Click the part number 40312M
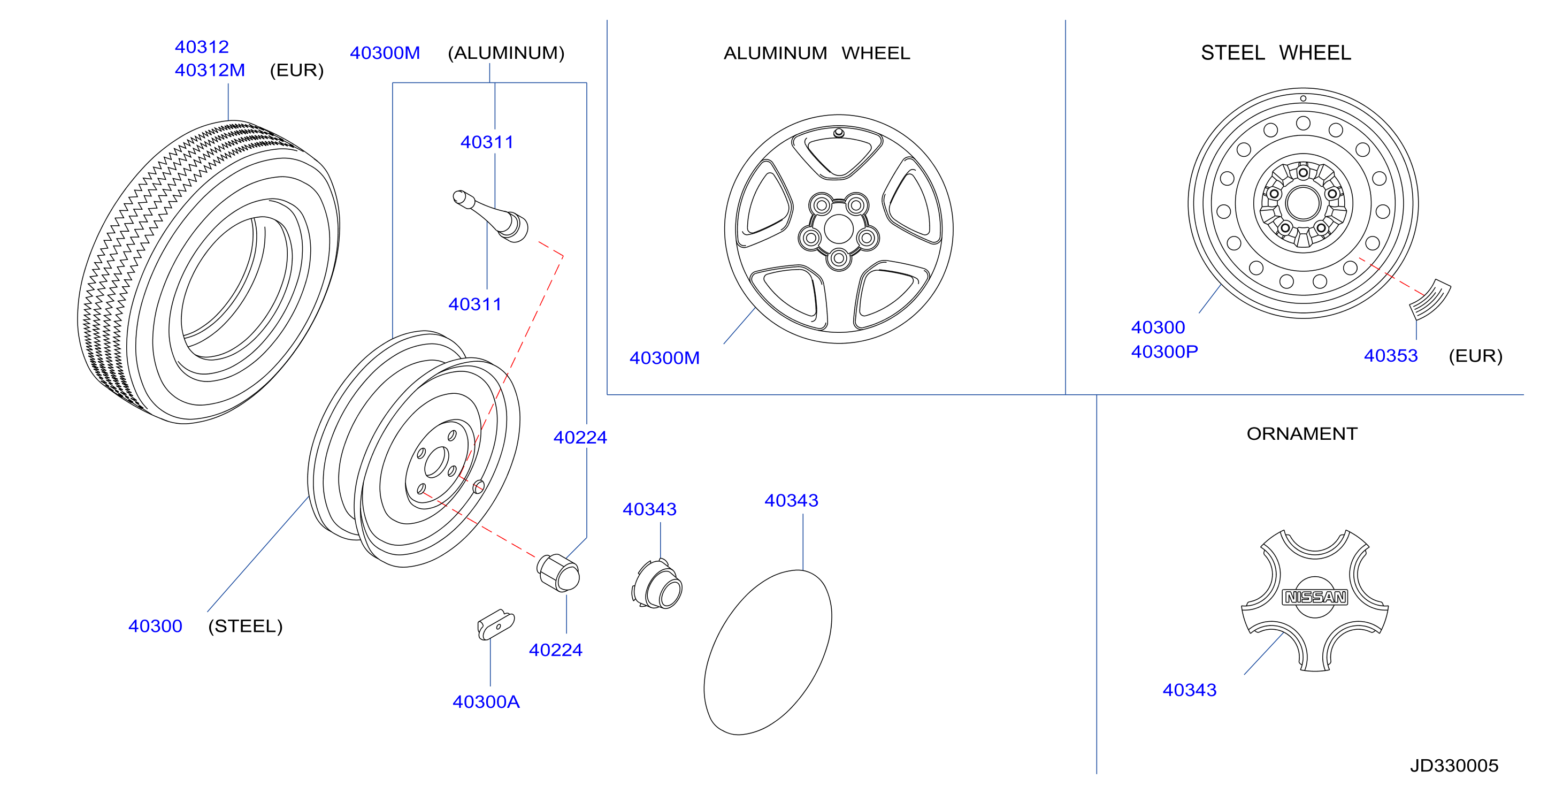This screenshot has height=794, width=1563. click(x=210, y=71)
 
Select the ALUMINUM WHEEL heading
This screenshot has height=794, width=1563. click(x=817, y=54)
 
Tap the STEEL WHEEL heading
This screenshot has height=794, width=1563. click(x=1276, y=53)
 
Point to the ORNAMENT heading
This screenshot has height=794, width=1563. click(x=1302, y=433)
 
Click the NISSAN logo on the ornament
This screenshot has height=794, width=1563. click(x=1315, y=597)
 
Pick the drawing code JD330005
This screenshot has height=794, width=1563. click(x=1454, y=766)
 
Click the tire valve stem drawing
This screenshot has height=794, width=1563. click(x=491, y=216)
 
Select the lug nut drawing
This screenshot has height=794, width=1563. click(x=558, y=572)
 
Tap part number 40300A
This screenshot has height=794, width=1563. click(x=486, y=702)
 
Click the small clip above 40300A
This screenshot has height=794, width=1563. click(x=496, y=624)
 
